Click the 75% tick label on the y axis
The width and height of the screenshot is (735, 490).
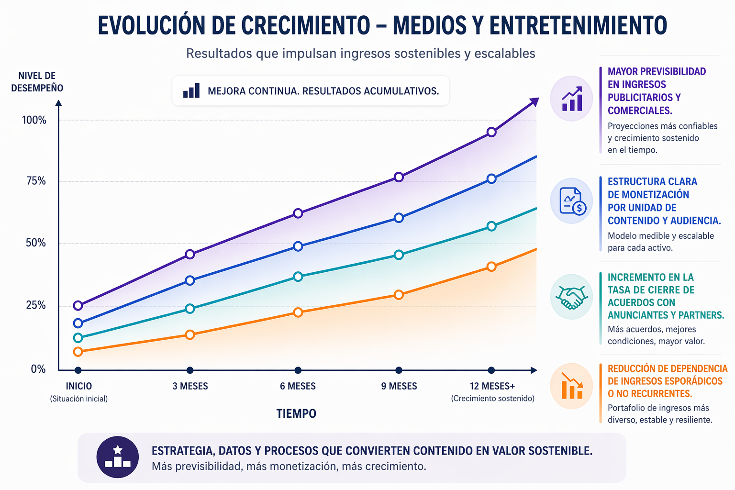(36, 181)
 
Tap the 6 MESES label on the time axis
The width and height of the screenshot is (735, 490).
(298, 386)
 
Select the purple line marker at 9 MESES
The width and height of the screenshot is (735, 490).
(399, 177)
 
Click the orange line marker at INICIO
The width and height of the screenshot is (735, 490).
(78, 352)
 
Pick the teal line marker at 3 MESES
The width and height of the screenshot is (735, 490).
(190, 309)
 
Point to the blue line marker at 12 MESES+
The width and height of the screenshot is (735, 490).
(491, 179)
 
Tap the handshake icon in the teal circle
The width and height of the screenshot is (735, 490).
(571, 297)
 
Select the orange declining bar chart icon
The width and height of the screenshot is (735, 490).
(571, 386)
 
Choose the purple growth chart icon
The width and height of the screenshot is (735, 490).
(571, 99)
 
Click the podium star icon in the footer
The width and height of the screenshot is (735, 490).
(118, 457)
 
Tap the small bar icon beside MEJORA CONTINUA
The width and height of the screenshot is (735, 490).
(191, 90)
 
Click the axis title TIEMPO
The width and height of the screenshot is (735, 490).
(296, 413)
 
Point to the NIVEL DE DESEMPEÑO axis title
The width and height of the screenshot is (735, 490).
(37, 82)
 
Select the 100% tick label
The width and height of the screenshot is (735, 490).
(34, 120)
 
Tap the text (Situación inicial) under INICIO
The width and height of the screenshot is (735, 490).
(79, 399)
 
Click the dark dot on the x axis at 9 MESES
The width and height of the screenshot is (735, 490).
(399, 370)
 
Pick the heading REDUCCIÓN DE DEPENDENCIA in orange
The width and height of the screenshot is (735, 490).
(667, 368)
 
